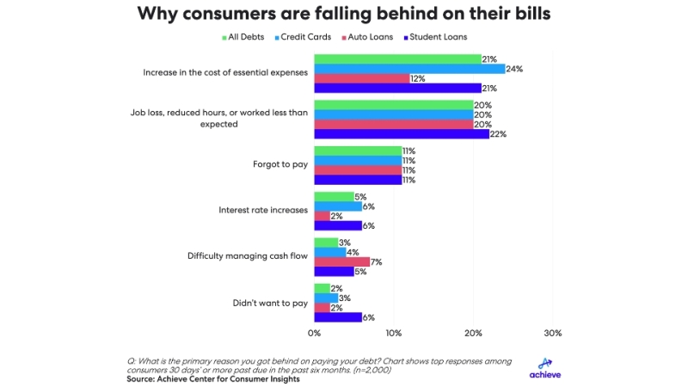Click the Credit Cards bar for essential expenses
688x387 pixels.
pos(409,69)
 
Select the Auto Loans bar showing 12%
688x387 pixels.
pos(361,78)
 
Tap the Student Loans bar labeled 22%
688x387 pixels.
pos(402,133)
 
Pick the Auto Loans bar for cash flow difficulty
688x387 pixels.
pos(341,261)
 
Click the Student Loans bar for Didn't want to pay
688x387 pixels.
pos(338,317)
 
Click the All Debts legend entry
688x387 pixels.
pos(245,37)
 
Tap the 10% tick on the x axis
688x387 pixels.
pos(394,333)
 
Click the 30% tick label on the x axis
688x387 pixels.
pos(553,333)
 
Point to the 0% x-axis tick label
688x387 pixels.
pos(314,333)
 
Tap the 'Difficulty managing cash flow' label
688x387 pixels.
pos(248,256)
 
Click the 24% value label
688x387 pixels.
pos(515,69)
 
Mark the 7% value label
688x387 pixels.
pos(376,261)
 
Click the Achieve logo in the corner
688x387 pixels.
pos(545,368)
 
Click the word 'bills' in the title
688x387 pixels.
pos(525,14)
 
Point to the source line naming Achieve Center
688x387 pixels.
pos(213,379)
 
